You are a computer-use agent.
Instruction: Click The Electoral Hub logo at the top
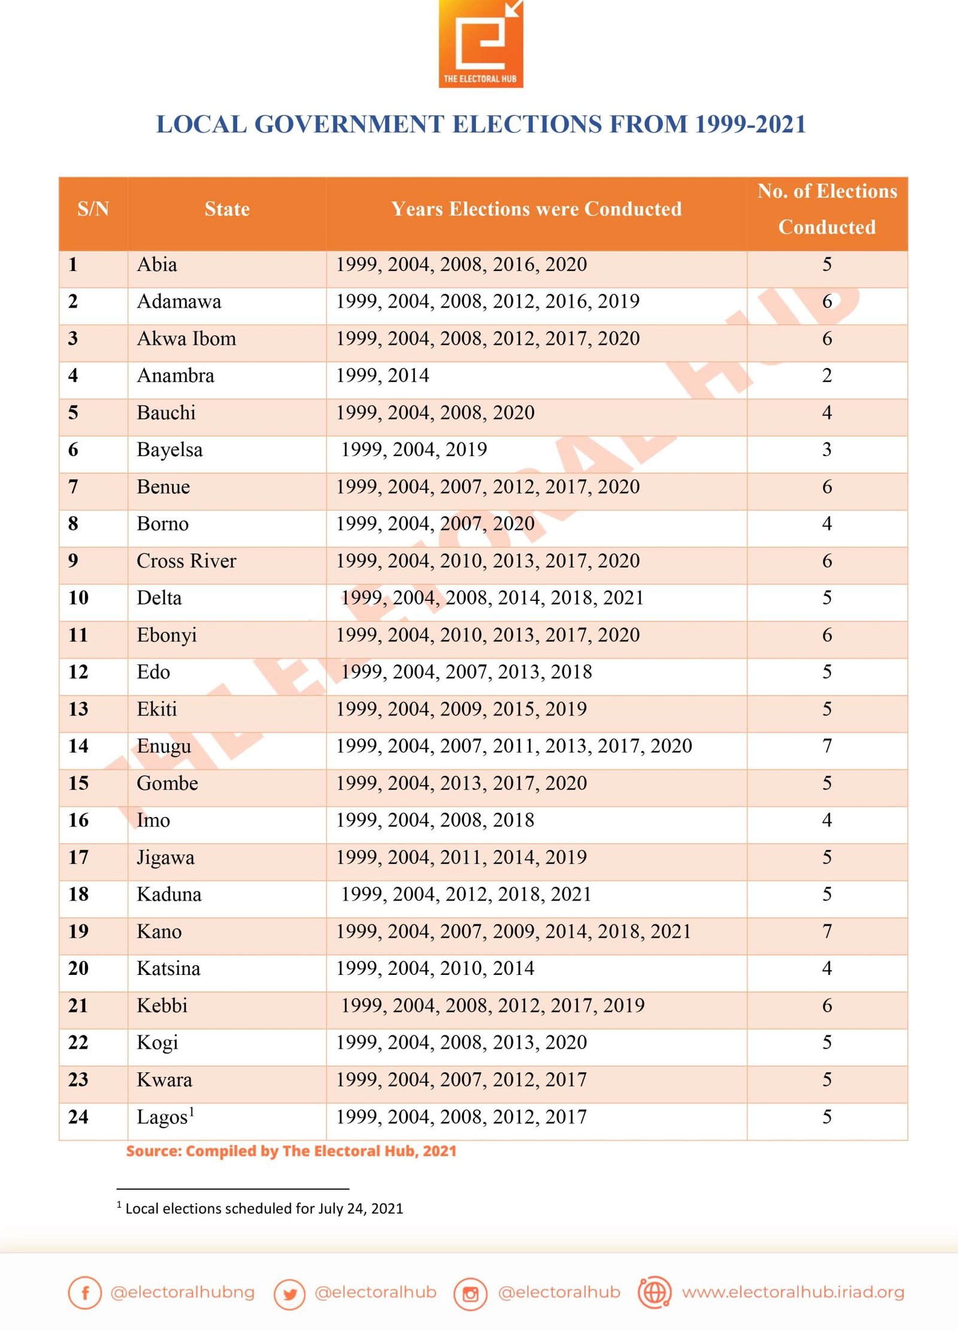coord(480,44)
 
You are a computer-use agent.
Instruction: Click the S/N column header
coord(93,209)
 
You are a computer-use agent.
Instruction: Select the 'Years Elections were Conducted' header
coord(536,209)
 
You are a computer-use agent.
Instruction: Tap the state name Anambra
coord(175,376)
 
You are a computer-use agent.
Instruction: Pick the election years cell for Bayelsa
coord(414,449)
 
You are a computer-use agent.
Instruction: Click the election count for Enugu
coord(826,746)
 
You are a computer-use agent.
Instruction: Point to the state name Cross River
coord(186,561)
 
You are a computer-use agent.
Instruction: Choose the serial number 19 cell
coord(78,931)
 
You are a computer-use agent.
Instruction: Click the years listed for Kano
coord(513,931)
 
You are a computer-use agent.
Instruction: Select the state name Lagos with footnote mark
coord(165,1117)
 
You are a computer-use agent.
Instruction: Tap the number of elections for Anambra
coord(826,376)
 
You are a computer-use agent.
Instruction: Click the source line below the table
coord(291,1151)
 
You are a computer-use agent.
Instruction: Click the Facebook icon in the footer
coord(84,1293)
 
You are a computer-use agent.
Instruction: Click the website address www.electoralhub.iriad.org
coord(792,1293)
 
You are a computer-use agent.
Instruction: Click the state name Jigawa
coord(165,858)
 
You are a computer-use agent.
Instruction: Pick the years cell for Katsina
coord(435,968)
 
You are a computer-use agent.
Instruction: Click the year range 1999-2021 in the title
coord(750,124)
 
